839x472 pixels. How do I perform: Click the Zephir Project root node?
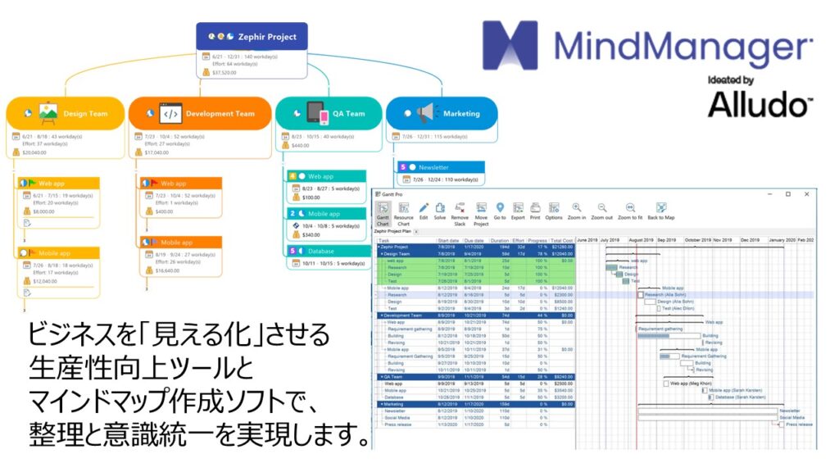[252, 36]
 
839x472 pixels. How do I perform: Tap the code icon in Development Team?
[170, 113]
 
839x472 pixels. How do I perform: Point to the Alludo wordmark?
[759, 104]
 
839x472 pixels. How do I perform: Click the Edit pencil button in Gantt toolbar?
[424, 211]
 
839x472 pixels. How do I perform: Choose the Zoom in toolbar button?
[577, 211]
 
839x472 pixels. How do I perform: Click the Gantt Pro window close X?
[806, 194]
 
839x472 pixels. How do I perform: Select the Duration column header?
[499, 240]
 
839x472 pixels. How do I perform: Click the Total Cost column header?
[561, 240]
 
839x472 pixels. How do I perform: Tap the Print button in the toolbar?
[534, 211]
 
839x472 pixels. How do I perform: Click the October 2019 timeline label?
[697, 240]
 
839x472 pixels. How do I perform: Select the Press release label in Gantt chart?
[799, 424]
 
